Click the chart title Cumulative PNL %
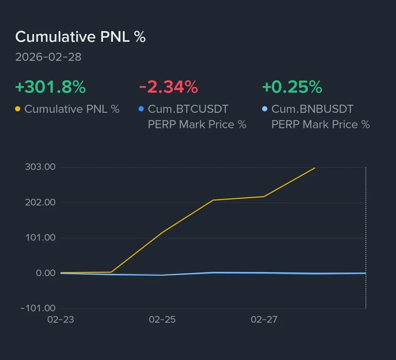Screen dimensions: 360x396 point(80,37)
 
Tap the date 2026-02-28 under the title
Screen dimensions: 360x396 point(48,57)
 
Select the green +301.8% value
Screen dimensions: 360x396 point(50,87)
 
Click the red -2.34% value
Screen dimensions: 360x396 point(168,87)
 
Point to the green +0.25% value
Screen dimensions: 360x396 point(292,87)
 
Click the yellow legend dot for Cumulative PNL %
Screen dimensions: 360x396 point(18,109)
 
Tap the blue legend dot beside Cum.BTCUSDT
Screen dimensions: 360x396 point(141,109)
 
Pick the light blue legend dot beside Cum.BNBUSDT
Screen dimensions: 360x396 point(265,109)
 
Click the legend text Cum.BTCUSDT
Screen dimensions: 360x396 point(188,109)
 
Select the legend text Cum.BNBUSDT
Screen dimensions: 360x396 point(312,109)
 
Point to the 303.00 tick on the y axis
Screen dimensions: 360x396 point(40,167)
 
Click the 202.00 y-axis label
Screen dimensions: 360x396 point(40,202)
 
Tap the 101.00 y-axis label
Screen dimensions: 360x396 point(40,238)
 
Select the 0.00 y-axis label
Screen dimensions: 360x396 point(45,273)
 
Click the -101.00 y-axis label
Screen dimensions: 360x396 point(38,308)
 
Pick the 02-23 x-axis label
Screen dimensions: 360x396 point(60,319)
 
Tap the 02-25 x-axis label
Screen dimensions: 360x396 point(162,319)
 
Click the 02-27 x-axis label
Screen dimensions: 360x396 point(264,319)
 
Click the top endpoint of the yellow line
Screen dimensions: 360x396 point(315,168)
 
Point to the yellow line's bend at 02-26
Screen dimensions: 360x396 point(213,200)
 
